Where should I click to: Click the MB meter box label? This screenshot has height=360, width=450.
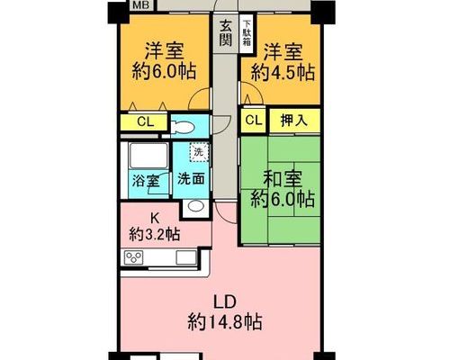[141, 4]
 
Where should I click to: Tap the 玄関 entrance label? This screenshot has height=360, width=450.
[225, 33]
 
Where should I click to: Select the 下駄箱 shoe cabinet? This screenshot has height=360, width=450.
[247, 33]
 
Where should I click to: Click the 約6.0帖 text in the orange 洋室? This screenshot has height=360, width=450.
[165, 71]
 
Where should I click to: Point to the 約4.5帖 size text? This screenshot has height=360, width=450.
[283, 73]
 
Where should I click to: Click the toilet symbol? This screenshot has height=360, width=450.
[182, 127]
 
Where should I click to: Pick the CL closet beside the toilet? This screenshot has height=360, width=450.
[144, 122]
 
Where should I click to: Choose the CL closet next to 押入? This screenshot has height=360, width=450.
[254, 121]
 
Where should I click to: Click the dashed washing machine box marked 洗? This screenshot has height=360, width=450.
[199, 152]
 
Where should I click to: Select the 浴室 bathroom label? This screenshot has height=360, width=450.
[146, 181]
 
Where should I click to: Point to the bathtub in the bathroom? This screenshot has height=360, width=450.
[148, 156]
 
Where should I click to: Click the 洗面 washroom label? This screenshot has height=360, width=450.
[191, 179]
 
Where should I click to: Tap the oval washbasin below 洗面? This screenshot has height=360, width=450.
[195, 207]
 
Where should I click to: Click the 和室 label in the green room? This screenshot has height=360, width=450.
[283, 179]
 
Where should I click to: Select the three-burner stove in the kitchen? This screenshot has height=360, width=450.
[134, 257]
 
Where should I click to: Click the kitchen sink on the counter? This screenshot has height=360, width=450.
[186, 257]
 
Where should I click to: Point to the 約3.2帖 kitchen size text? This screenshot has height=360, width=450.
[155, 234]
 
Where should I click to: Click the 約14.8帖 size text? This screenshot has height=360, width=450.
[225, 322]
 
